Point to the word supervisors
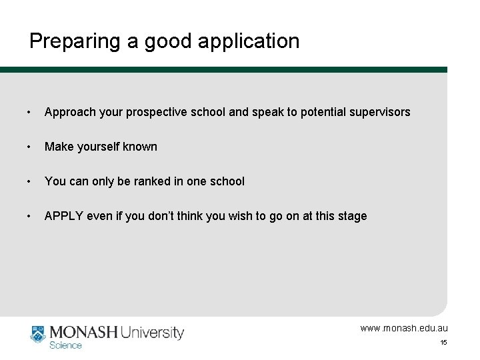(x=379, y=112)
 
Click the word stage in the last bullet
(x=352, y=216)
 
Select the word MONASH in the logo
(x=85, y=332)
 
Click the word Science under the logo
(x=66, y=345)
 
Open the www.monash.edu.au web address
(x=404, y=328)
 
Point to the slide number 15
(x=443, y=343)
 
